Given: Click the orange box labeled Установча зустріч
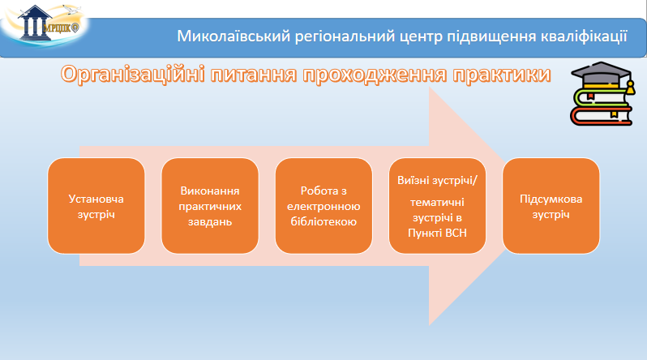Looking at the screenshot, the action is pyautogui.click(x=96, y=206).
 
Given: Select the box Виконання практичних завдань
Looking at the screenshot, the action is pyautogui.click(x=210, y=206).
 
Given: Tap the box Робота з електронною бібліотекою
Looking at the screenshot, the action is pyautogui.click(x=323, y=206).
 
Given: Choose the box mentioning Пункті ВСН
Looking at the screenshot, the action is pyautogui.click(x=437, y=206).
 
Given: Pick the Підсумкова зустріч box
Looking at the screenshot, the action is pyautogui.click(x=551, y=206).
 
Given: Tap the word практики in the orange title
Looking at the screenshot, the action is pyautogui.click(x=502, y=75).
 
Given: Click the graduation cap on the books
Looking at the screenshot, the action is pyautogui.click(x=601, y=75).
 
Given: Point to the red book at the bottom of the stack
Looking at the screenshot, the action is pyautogui.click(x=602, y=116).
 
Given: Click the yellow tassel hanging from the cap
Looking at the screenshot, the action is pyautogui.click(x=630, y=88).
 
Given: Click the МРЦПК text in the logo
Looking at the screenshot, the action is pyautogui.click(x=58, y=28).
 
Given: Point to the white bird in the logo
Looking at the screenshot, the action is pyautogui.click(x=72, y=9).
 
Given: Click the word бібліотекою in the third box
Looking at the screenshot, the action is pyautogui.click(x=323, y=221).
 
